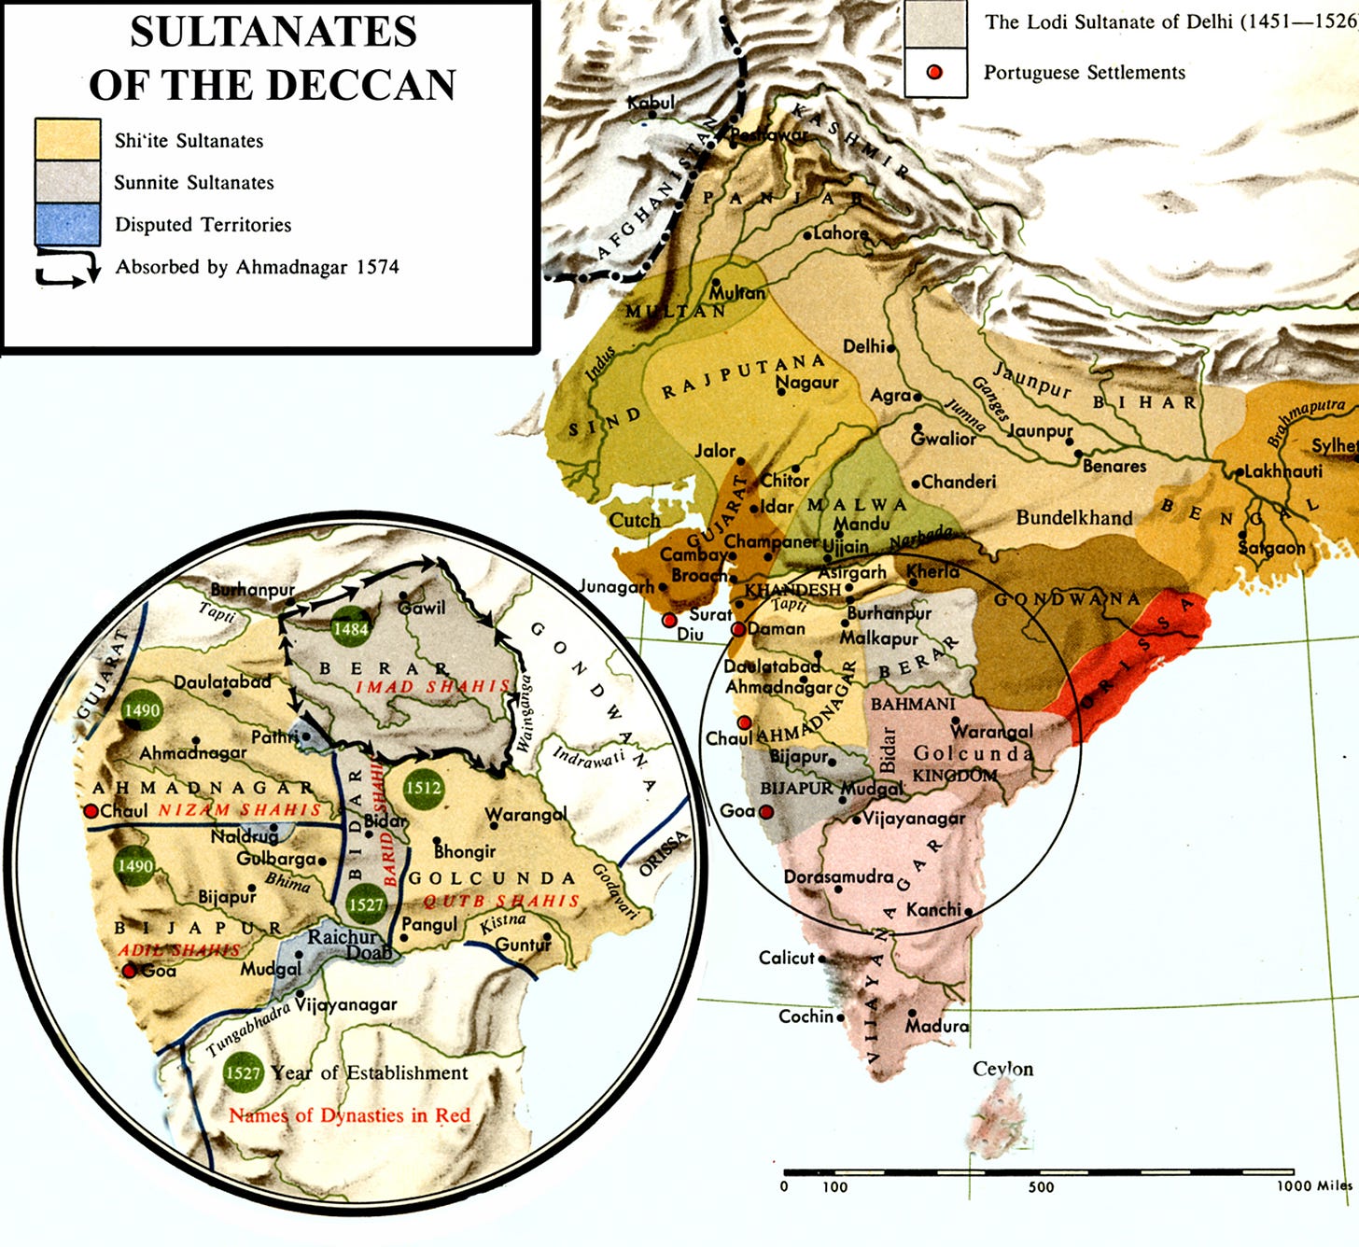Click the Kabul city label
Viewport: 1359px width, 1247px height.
pyautogui.click(x=651, y=103)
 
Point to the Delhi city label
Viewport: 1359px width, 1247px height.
pyautogui.click(x=864, y=346)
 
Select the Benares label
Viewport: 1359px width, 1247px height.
pyautogui.click(x=1114, y=466)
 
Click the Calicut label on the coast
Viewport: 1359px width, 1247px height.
pyautogui.click(x=787, y=958)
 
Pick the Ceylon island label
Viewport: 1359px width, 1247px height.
pyautogui.click(x=1002, y=1069)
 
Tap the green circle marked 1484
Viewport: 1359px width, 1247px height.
pyautogui.click(x=351, y=628)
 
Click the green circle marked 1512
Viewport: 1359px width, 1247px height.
pyautogui.click(x=423, y=787)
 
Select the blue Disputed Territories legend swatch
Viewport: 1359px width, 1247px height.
pyautogui.click(x=67, y=225)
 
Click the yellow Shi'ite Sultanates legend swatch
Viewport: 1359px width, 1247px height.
pyautogui.click(x=67, y=140)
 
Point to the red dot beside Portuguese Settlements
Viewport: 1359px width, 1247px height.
pyautogui.click(x=934, y=73)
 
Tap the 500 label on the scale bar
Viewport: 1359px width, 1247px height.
pyautogui.click(x=1041, y=1187)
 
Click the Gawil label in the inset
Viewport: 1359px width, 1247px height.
pyautogui.click(x=422, y=608)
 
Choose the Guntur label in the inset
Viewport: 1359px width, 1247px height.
pyautogui.click(x=524, y=945)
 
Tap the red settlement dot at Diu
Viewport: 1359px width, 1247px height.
pyautogui.click(x=669, y=621)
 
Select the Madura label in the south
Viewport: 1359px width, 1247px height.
pyautogui.click(x=937, y=1026)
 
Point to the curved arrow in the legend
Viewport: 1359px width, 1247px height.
pyautogui.click(x=68, y=266)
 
